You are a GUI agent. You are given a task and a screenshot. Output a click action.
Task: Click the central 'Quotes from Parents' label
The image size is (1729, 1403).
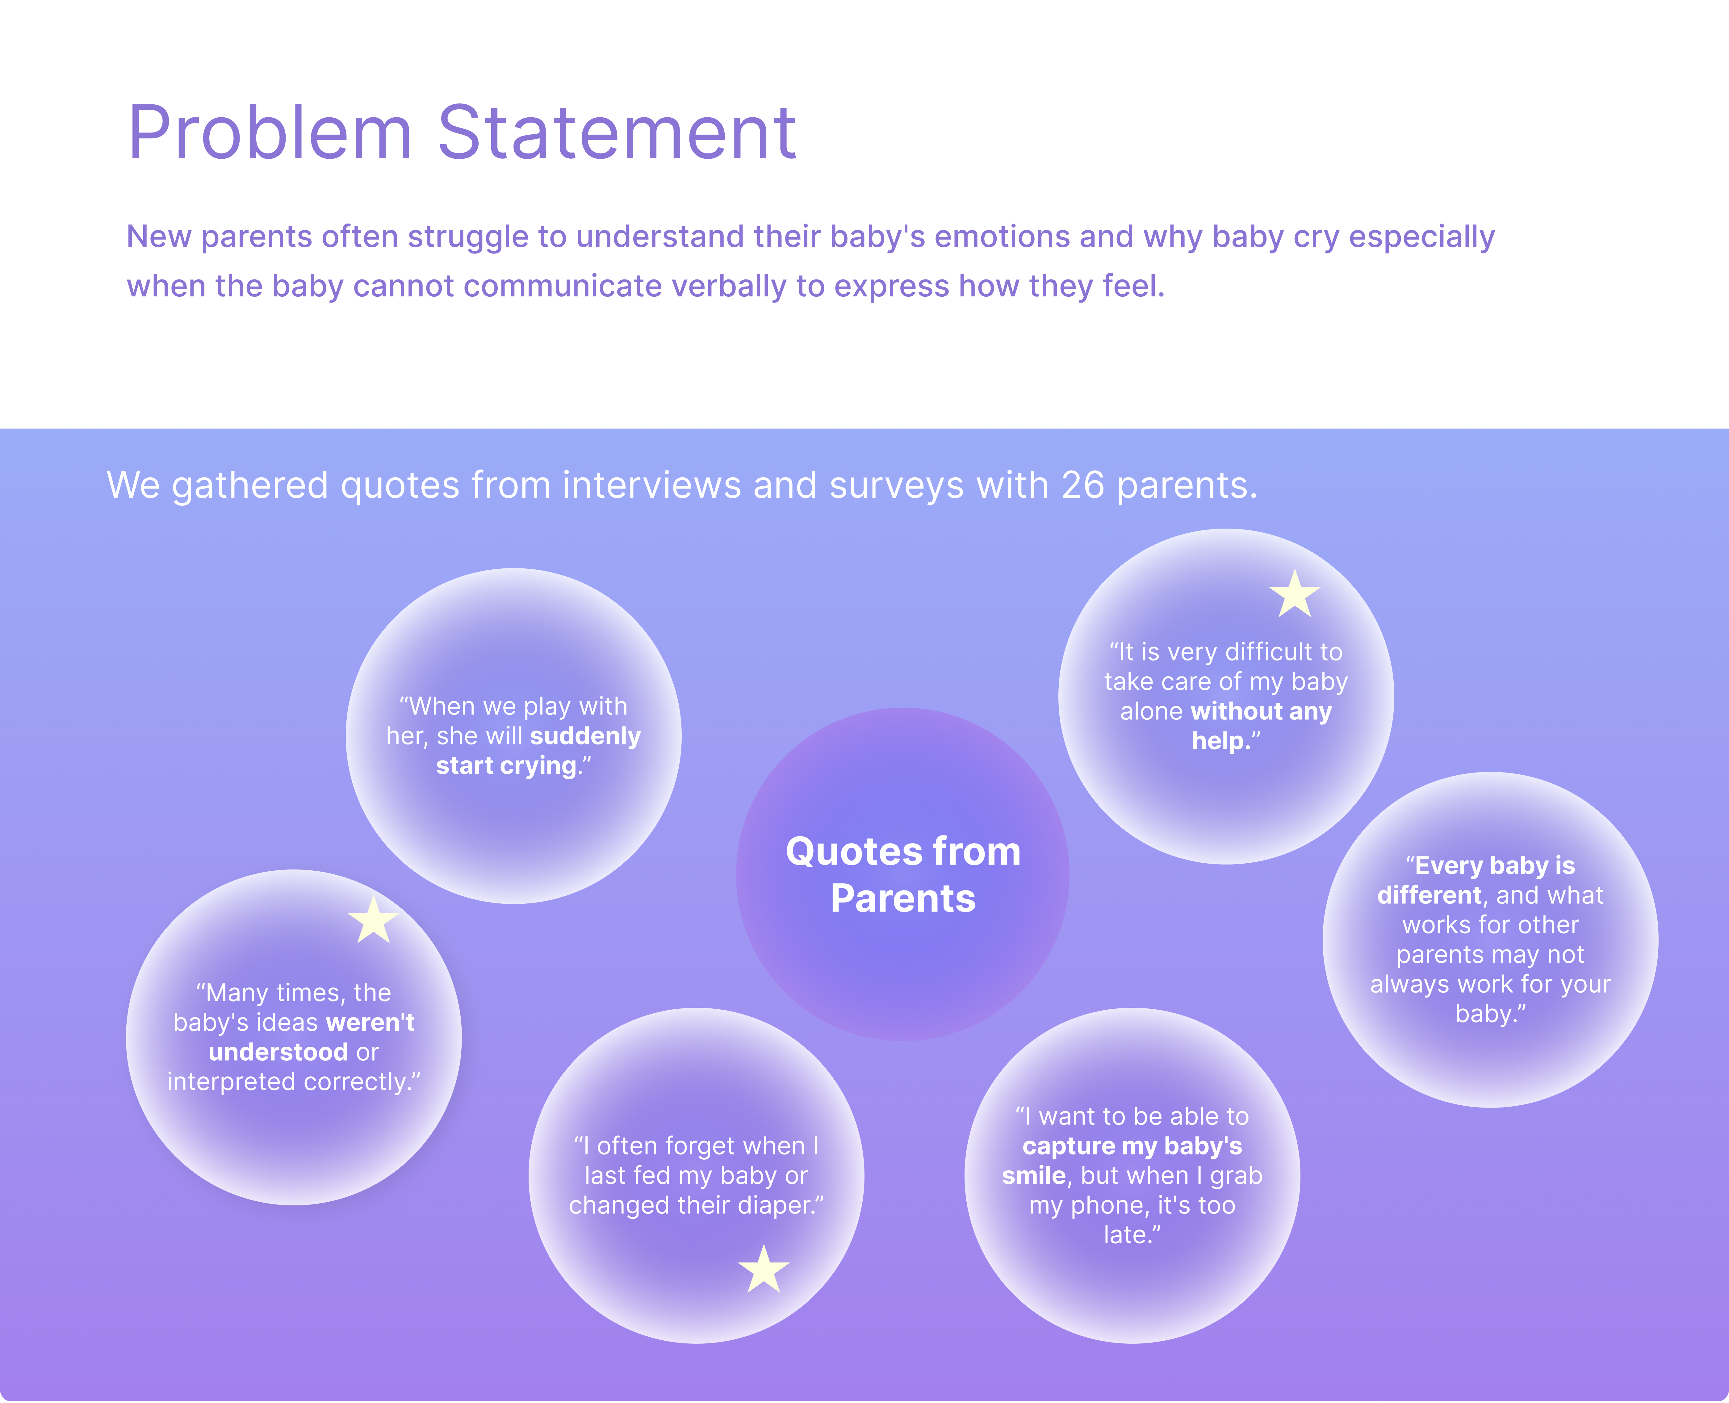pyautogui.click(x=903, y=874)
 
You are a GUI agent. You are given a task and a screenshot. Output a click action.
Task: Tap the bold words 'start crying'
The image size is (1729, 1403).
pyautogui.click(x=507, y=765)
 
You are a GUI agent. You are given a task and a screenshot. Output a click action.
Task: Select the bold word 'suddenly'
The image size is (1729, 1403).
pyautogui.click(x=585, y=735)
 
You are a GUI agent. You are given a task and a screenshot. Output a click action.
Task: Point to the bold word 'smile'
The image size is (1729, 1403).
pyautogui.click(x=1033, y=1175)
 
